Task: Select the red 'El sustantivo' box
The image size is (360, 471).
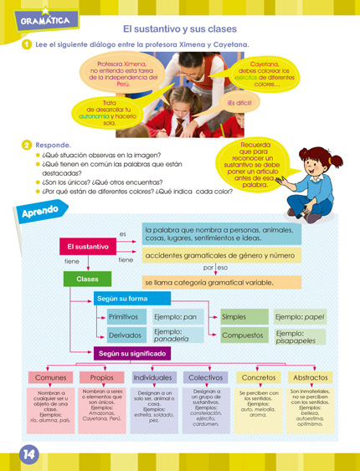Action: (87, 247)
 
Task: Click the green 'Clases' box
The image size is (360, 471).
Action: (87, 279)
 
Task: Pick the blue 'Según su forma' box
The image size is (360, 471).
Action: (122, 298)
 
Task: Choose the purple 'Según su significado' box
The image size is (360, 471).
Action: (132, 354)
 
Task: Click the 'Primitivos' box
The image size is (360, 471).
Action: (125, 317)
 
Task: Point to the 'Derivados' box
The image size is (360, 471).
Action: (125, 335)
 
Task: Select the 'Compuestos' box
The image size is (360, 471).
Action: (242, 335)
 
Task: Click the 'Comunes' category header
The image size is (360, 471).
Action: (50, 378)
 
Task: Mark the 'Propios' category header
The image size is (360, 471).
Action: (103, 378)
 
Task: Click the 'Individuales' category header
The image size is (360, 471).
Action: (153, 378)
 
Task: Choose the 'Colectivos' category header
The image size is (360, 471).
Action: (206, 378)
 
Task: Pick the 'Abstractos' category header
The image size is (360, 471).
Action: (310, 378)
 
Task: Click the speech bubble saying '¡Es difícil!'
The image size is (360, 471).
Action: (239, 103)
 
